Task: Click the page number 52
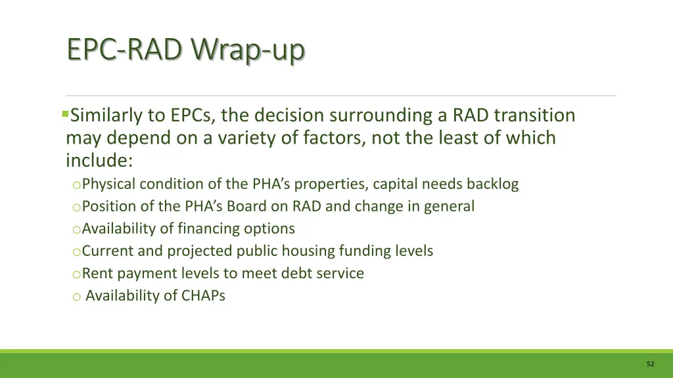pos(650,364)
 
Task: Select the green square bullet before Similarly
pos(65,114)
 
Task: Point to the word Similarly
pos(106,116)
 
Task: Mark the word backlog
pos(492,184)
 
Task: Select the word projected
pos(199,251)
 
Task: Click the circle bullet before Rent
pos(76,274)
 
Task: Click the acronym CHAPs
pos(203,295)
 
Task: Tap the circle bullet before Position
pos(76,207)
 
